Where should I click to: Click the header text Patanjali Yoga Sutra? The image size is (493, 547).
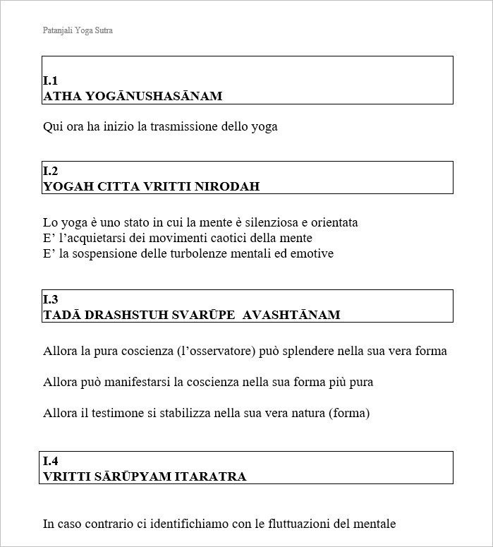pyautogui.click(x=78, y=31)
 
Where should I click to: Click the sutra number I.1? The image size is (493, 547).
pyautogui.click(x=50, y=81)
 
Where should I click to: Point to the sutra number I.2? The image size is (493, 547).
pyautogui.click(x=50, y=172)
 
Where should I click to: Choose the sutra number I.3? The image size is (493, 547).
pyautogui.click(x=50, y=300)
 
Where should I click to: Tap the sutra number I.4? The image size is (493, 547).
pyautogui.click(x=50, y=462)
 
